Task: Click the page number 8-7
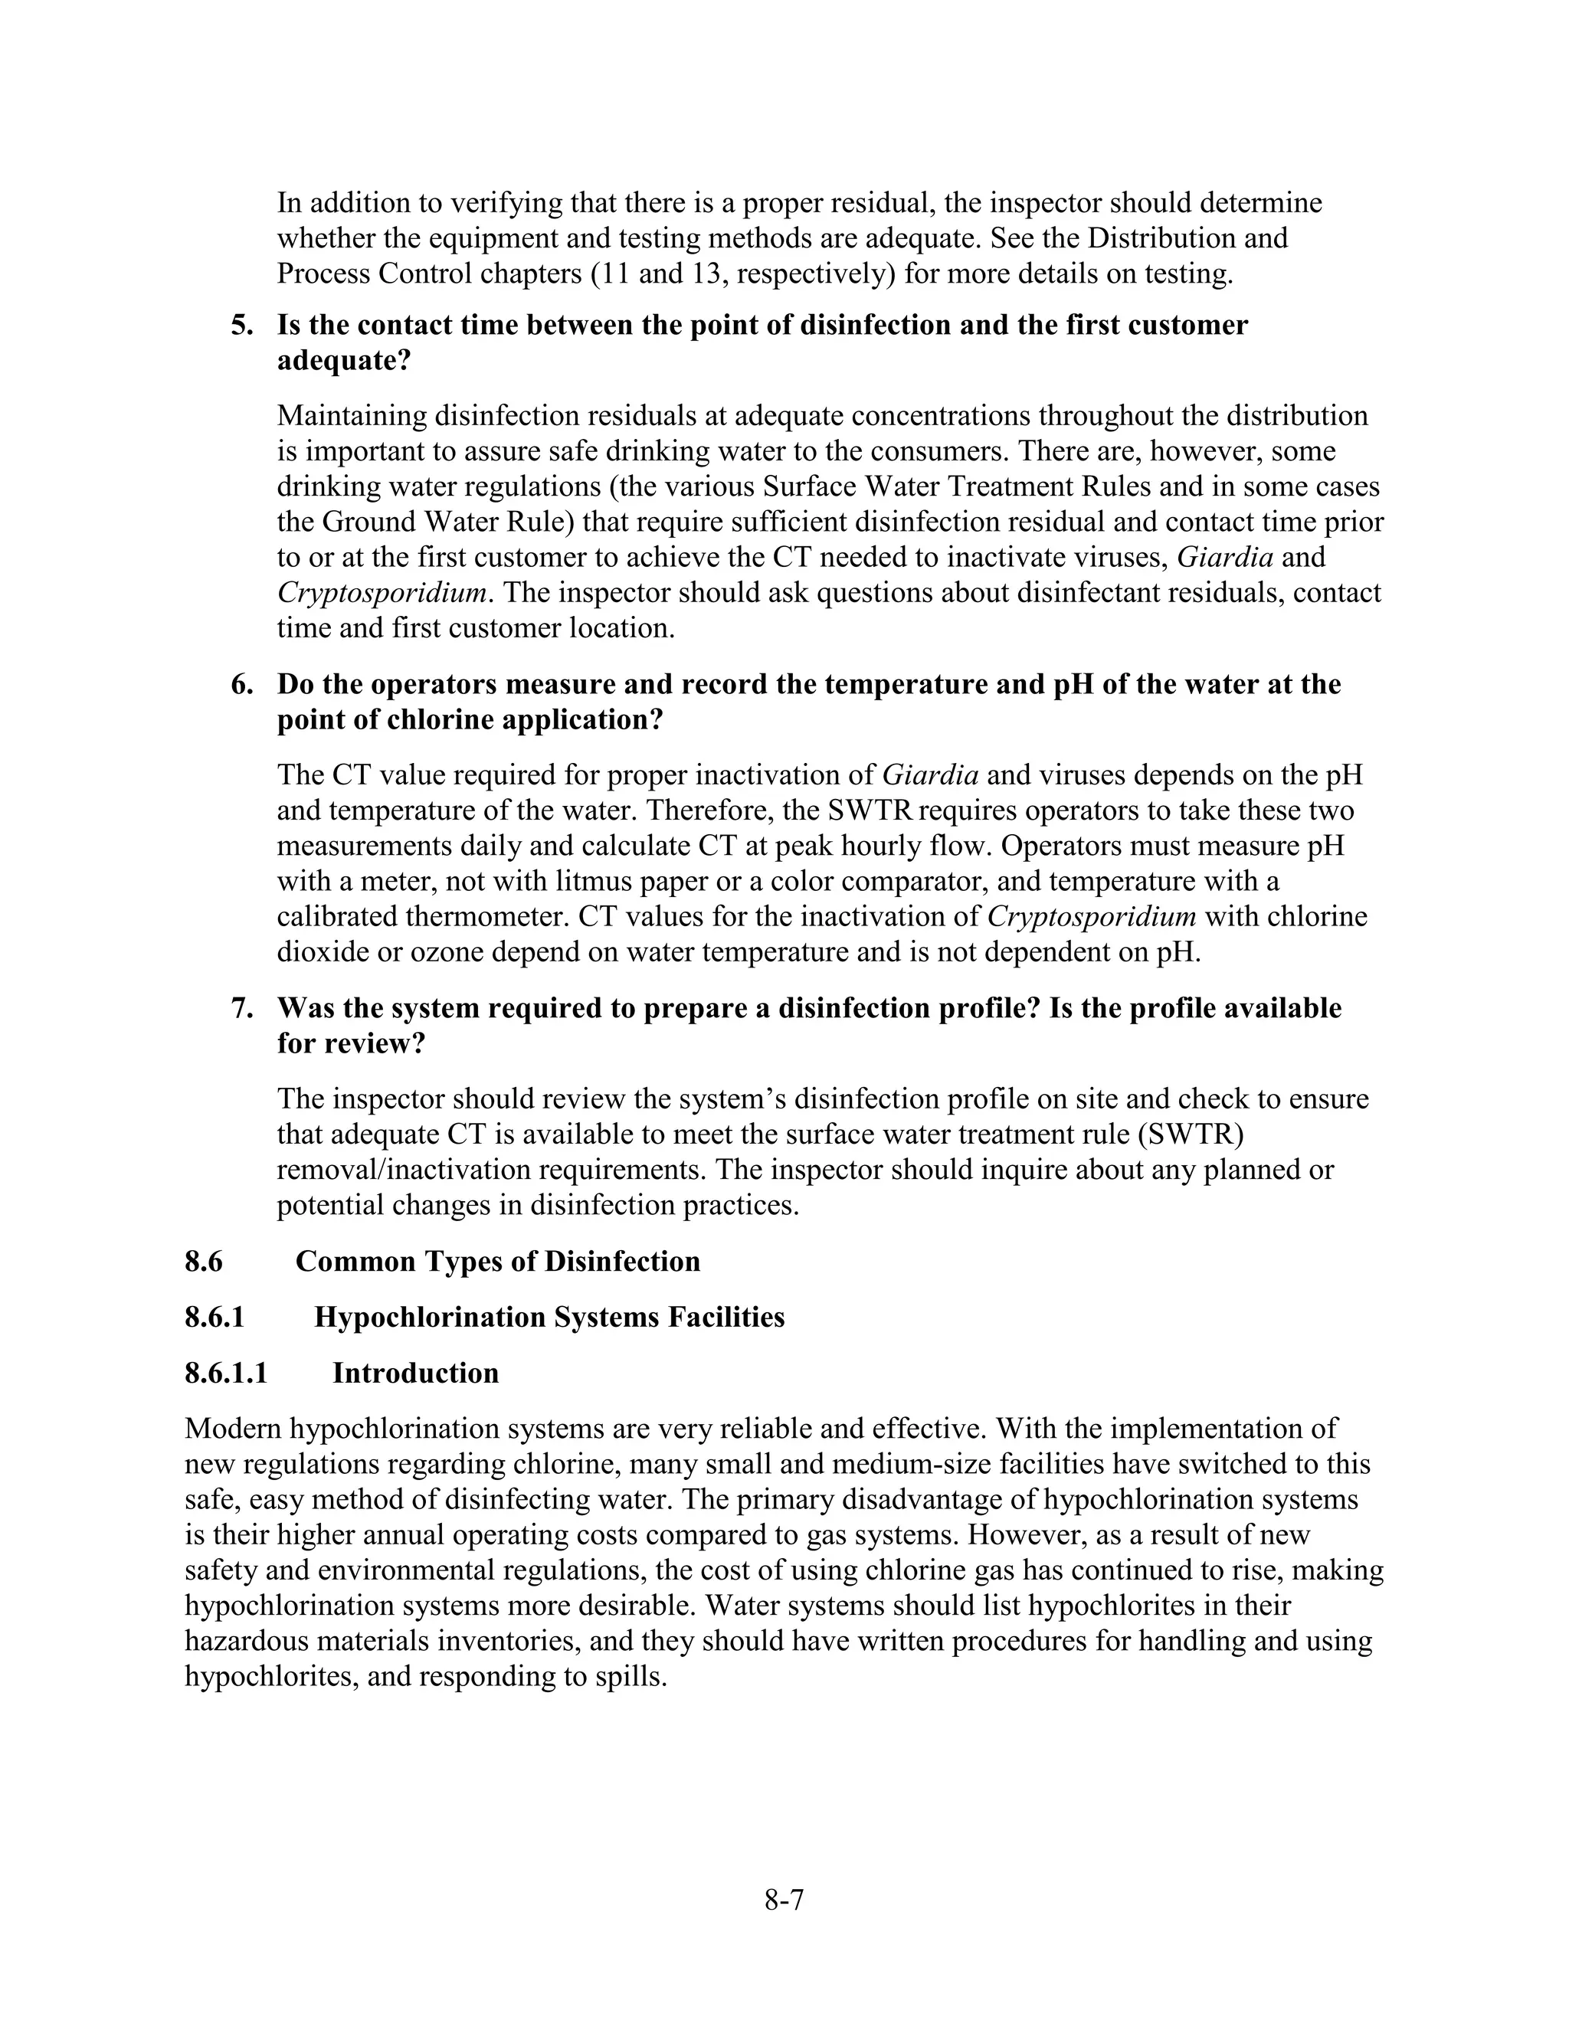coord(784,1900)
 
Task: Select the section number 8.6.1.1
coord(226,1373)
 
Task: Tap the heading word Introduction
coord(415,1373)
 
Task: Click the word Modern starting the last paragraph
coord(234,1429)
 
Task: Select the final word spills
coord(632,1677)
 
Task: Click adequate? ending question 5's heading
coord(343,361)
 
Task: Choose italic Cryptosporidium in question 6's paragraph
coord(1091,918)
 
